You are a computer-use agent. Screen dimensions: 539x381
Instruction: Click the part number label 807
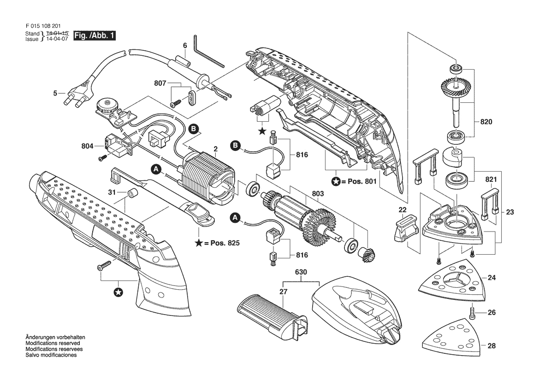click(160, 83)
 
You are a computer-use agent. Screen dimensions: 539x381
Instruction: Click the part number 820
click(486, 122)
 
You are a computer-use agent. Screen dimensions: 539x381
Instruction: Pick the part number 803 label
click(318, 194)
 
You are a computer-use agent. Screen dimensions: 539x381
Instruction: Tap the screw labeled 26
click(471, 312)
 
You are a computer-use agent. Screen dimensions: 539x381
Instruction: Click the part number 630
click(301, 272)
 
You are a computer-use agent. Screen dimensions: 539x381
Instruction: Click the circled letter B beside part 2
click(194, 129)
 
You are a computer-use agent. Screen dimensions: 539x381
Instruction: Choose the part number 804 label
click(87, 146)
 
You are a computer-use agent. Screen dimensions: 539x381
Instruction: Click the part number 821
click(491, 179)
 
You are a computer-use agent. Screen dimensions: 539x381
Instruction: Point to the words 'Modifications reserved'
click(53, 343)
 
